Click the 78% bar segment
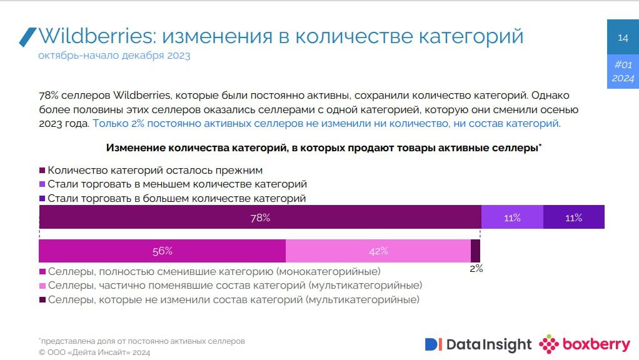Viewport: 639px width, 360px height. pos(259,217)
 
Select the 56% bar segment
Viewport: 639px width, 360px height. pos(162,251)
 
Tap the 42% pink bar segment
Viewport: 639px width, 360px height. pos(378,251)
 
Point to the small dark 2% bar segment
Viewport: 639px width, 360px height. pos(475,251)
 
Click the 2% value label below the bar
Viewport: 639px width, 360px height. pos(476,269)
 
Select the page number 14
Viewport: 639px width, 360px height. pos(623,38)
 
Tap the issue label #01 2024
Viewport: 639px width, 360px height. pos(623,71)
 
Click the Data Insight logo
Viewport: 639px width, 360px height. pos(478,344)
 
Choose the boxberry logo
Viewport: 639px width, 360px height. pos(585,344)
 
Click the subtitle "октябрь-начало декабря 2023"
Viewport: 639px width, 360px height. pos(114,56)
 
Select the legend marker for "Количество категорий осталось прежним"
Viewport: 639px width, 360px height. pos(43,170)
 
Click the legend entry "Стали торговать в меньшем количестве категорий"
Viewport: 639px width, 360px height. pos(177,184)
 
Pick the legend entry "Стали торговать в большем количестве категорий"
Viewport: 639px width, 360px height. pos(176,199)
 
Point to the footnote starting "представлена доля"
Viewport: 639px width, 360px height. pos(142,341)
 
